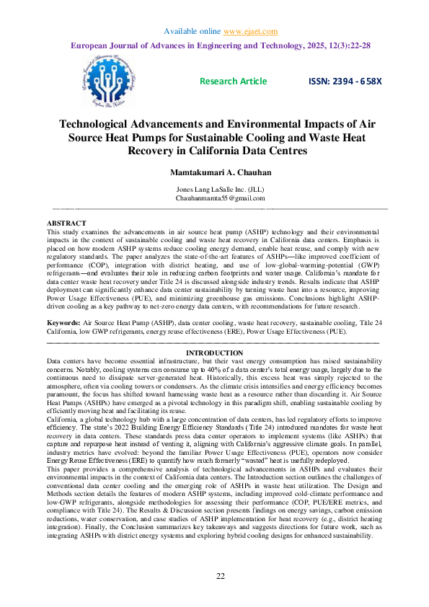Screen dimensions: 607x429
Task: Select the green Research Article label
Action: click(x=233, y=81)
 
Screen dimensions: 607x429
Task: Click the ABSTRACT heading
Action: click(x=66, y=223)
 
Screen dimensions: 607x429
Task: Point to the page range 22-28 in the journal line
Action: click(x=358, y=45)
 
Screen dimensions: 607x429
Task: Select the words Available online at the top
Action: click(x=191, y=32)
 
